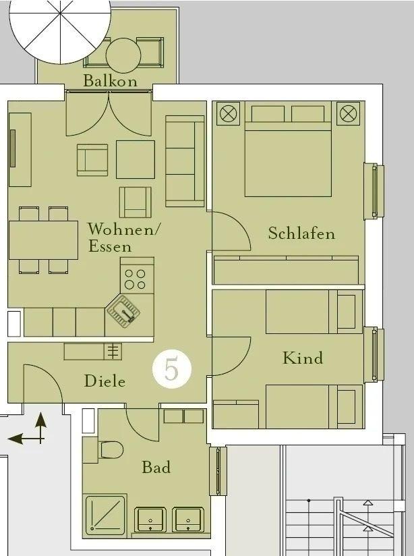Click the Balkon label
tap(110, 81)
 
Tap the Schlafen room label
tap(301, 233)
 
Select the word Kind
tap(303, 358)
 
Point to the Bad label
tap(156, 467)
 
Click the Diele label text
tap(105, 381)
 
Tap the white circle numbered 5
tap(172, 369)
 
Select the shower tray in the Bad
tap(105, 515)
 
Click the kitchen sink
tap(123, 311)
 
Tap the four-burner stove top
tap(137, 275)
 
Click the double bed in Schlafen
tap(288, 149)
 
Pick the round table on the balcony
tap(123, 55)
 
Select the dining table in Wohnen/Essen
tap(43, 240)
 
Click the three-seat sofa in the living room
tap(185, 161)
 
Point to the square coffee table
tap(136, 159)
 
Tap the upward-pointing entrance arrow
tap(41, 427)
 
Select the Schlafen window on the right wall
tap(374, 191)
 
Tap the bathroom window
tap(218, 471)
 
